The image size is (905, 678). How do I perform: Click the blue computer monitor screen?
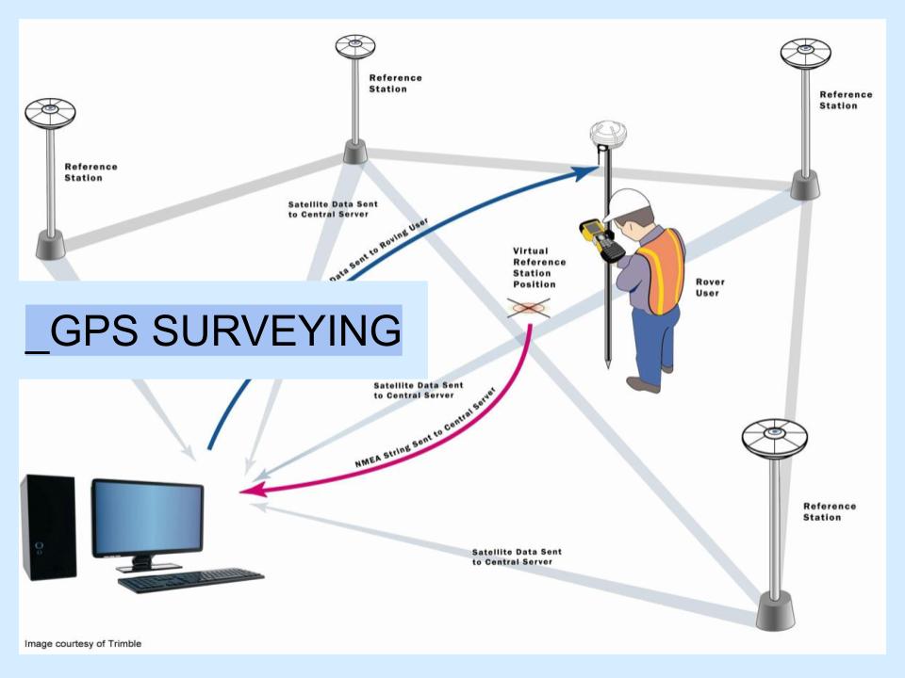coord(148,517)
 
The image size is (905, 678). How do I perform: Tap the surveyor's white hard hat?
coord(626,202)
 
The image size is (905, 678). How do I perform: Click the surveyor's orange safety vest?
coord(659,269)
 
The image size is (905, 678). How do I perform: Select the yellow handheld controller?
coord(600,237)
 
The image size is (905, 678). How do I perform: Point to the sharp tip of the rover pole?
coord(608,364)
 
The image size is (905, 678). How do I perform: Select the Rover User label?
coord(709,287)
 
